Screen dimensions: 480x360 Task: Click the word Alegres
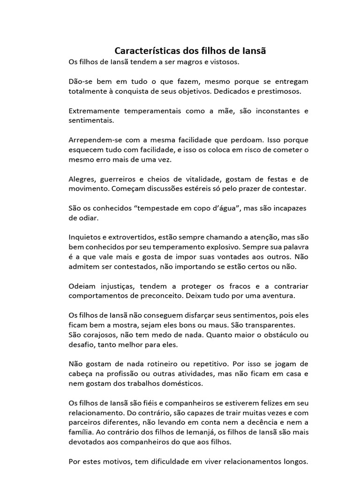82,179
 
